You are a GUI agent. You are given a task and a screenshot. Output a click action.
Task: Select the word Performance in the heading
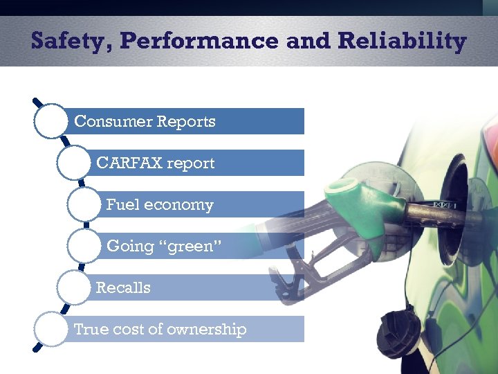[199, 40]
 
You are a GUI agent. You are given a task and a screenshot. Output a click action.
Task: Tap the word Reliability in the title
[402, 42]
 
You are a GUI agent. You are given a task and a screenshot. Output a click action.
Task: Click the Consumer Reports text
[145, 121]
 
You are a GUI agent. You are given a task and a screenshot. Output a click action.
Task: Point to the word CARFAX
[129, 163]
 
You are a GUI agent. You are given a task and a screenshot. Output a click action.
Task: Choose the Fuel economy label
[160, 204]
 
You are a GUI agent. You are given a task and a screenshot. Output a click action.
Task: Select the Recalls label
[123, 287]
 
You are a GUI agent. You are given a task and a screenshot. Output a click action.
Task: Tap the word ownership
[207, 329]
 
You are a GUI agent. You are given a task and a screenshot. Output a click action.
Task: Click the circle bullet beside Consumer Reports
[50, 121]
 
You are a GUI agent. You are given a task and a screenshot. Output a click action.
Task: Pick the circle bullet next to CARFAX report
[74, 163]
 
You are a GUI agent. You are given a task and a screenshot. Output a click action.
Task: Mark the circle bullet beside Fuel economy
[84, 204]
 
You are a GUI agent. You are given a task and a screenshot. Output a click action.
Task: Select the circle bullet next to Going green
[84, 246]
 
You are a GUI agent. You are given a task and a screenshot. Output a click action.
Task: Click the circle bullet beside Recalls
[74, 287]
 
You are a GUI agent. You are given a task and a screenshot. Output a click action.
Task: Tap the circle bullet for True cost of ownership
[50, 329]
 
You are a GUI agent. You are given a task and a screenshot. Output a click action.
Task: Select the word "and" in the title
[308, 41]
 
